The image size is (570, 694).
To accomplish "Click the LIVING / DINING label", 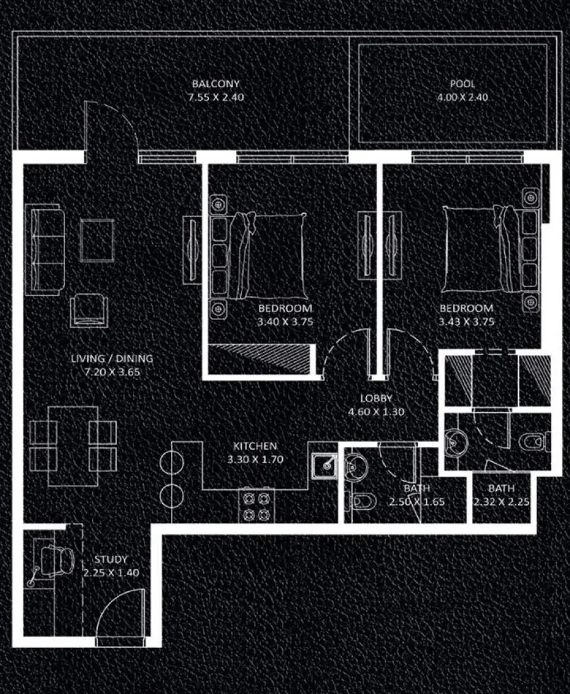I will [x=112, y=359].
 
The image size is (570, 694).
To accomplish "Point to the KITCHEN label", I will [x=252, y=446].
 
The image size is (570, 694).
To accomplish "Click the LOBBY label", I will [x=376, y=399].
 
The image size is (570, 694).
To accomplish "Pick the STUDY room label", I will [x=111, y=560].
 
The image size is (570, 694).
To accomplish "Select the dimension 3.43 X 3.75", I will [x=466, y=322].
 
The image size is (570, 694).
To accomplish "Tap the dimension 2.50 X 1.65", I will [x=417, y=502].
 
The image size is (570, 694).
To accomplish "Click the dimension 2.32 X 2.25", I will [x=501, y=502].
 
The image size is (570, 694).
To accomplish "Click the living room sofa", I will [x=44, y=249].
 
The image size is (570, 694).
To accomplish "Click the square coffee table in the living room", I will [x=97, y=240].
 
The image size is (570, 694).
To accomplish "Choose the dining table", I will [x=73, y=445].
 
